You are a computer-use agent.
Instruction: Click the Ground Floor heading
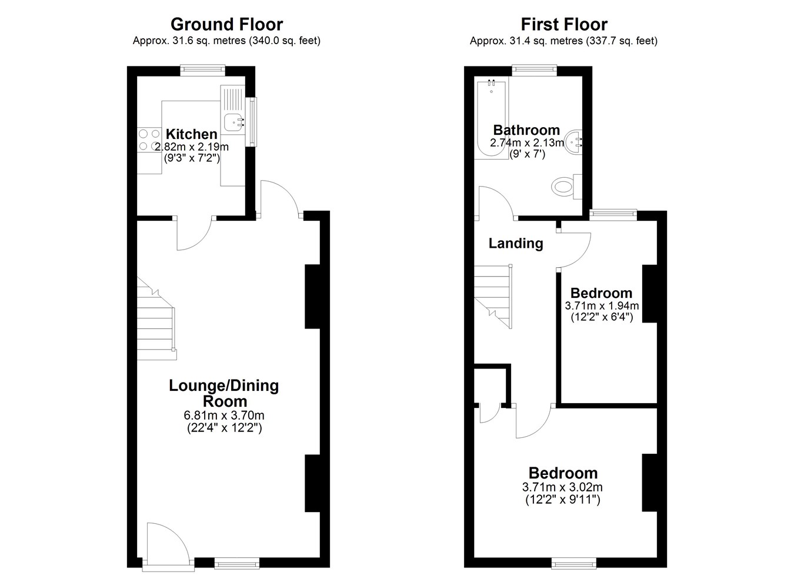(x=226, y=25)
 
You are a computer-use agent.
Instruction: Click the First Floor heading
(x=564, y=25)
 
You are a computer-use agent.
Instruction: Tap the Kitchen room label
(x=191, y=134)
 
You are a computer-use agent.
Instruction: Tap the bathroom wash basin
(x=572, y=142)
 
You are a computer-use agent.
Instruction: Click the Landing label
(x=516, y=244)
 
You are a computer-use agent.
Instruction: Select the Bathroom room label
(x=526, y=130)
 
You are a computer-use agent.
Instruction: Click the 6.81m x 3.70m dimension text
(x=224, y=415)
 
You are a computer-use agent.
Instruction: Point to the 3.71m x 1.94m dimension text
(x=602, y=305)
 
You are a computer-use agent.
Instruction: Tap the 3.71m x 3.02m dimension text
(x=562, y=487)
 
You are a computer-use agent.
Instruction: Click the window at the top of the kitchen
(x=202, y=70)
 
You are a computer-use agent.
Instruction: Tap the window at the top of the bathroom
(x=535, y=70)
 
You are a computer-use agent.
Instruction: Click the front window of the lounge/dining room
(x=237, y=563)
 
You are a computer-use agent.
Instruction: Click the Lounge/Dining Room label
(x=224, y=393)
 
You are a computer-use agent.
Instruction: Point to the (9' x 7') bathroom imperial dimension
(x=527, y=154)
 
